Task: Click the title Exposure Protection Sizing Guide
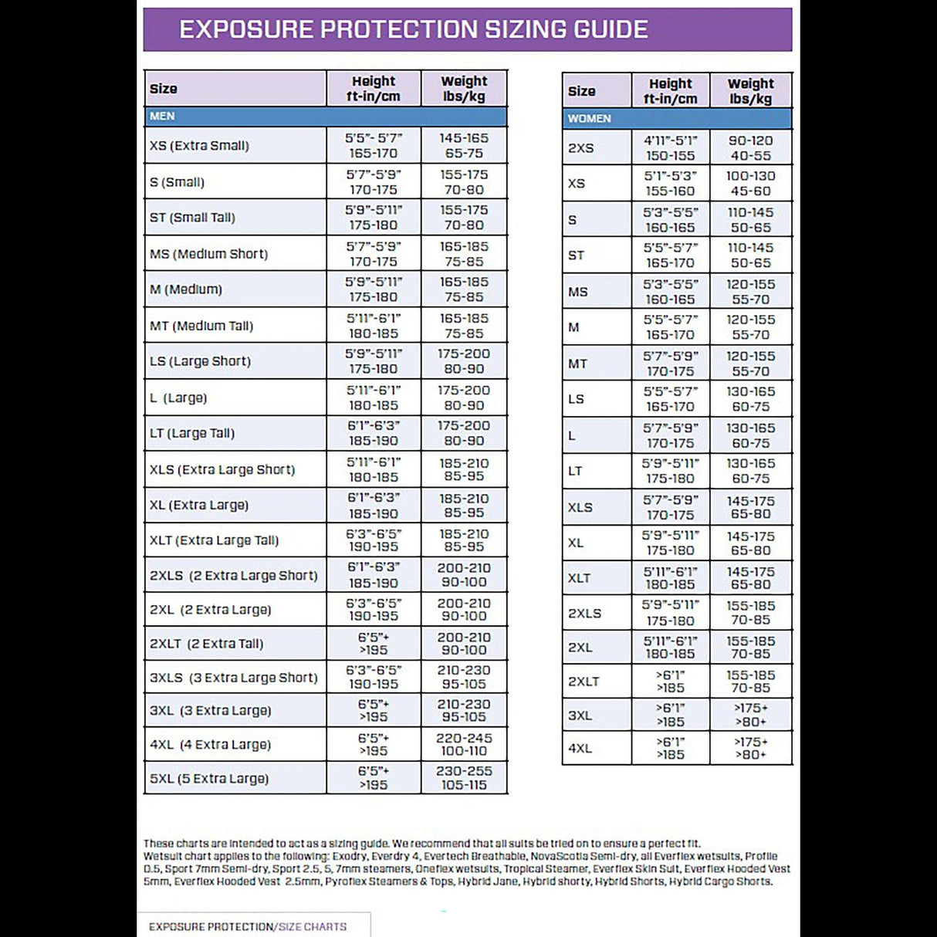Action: [414, 29]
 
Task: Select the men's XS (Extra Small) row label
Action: [199, 146]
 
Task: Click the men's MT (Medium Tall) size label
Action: [201, 326]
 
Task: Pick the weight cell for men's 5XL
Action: [464, 778]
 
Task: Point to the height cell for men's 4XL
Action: [374, 744]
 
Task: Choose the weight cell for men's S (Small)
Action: [464, 182]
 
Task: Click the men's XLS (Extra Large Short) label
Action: [222, 469]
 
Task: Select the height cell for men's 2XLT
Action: [374, 644]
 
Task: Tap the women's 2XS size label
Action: [580, 148]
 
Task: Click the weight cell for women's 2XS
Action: [750, 148]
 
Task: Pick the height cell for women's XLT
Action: [670, 578]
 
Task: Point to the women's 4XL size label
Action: [580, 748]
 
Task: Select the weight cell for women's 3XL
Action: [750, 715]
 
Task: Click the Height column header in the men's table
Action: [374, 89]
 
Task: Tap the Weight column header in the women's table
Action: [750, 91]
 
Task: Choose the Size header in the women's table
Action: [582, 91]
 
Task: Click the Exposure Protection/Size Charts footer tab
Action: [248, 926]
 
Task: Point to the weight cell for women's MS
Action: [750, 292]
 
